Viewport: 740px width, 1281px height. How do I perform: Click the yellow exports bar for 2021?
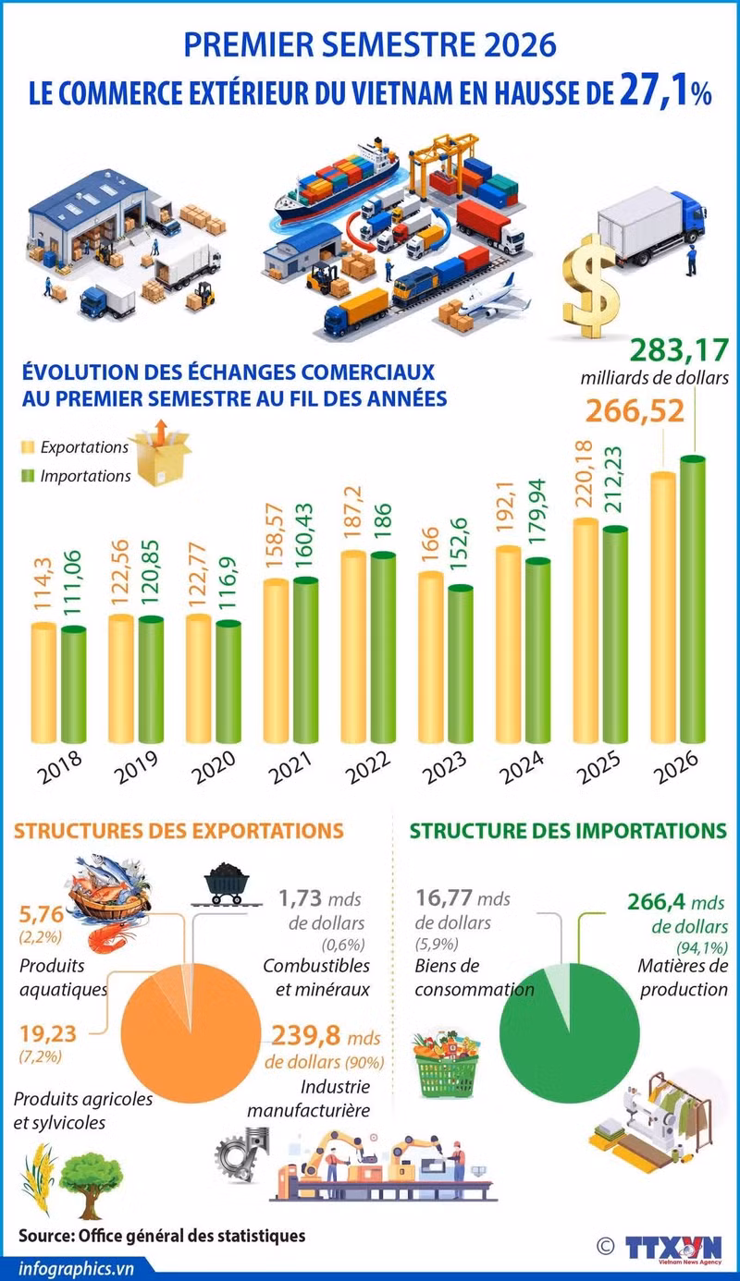pyautogui.click(x=276, y=660)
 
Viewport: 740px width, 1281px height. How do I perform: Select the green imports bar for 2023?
pyautogui.click(x=461, y=664)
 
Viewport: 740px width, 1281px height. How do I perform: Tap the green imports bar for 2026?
pyautogui.click(x=693, y=599)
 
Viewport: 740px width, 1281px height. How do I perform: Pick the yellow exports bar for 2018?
pyautogui.click(x=43, y=682)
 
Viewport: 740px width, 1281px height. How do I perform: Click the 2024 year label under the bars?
pyautogui.click(x=522, y=767)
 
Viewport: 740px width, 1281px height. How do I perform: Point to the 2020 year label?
pyautogui.click(x=213, y=767)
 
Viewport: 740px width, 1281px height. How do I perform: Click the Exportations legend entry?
pyautogui.click(x=75, y=447)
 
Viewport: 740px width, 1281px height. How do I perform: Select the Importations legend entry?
pyautogui.click(x=76, y=476)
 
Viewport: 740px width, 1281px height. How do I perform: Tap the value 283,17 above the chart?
pyautogui.click(x=679, y=350)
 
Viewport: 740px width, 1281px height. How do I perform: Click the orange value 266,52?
pyautogui.click(x=635, y=410)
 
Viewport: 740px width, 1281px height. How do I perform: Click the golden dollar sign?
pyautogui.click(x=591, y=286)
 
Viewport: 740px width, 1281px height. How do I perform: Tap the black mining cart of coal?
pyautogui.click(x=228, y=884)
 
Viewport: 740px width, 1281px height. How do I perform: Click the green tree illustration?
pyautogui.click(x=91, y=1185)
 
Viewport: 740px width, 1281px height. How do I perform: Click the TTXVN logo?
pyautogui.click(x=673, y=1248)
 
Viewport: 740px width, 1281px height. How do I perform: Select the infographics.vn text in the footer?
pyautogui.click(x=76, y=1269)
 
